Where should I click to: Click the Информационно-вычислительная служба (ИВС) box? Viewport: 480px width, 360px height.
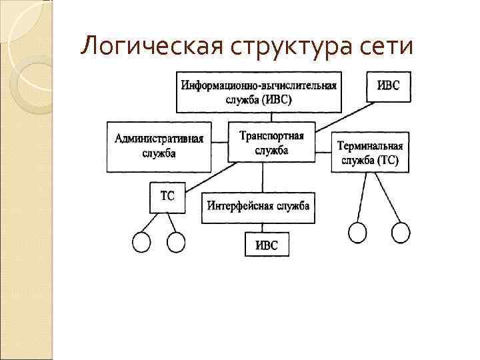click(x=259, y=91)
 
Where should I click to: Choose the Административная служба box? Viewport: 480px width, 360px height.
click(x=159, y=147)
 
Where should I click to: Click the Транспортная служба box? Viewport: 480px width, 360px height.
click(x=271, y=142)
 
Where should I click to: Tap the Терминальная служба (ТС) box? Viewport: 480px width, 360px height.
click(x=370, y=153)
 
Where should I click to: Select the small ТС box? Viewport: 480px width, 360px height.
click(x=167, y=197)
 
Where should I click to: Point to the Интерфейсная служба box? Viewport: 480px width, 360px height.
click(x=258, y=207)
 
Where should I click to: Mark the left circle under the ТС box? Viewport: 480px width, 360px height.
click(x=142, y=242)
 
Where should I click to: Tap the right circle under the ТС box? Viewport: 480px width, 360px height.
click(x=175, y=242)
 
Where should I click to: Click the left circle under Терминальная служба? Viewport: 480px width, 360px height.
click(x=358, y=232)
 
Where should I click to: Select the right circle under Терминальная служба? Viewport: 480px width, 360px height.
click(x=400, y=232)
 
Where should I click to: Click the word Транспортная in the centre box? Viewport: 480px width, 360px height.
click(x=271, y=135)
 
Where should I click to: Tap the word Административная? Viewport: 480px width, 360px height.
click(x=159, y=139)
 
